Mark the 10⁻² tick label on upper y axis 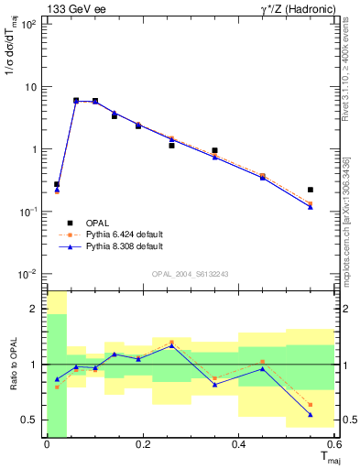(28, 274)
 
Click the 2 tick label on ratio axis (36, 310)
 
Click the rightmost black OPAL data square (311, 190)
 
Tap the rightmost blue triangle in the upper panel (311, 207)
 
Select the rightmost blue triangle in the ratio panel (311, 415)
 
